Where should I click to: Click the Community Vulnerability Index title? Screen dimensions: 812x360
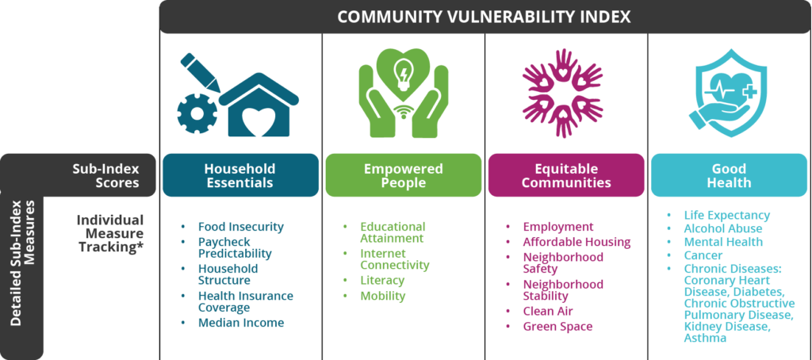pyautogui.click(x=484, y=17)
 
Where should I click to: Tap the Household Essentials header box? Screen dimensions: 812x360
pyautogui.click(x=240, y=175)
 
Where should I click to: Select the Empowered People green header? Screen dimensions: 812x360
pyautogui.click(x=404, y=175)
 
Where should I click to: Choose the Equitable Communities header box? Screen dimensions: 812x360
pyautogui.click(x=566, y=175)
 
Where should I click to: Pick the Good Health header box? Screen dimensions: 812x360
pyautogui.click(x=729, y=175)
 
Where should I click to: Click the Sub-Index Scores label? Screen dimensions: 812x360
pyautogui.click(x=106, y=175)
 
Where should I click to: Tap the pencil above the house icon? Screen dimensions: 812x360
pyautogui.click(x=201, y=72)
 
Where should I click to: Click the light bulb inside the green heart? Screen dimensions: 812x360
pyautogui.click(x=404, y=72)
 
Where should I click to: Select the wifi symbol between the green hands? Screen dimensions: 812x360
pyautogui.click(x=404, y=112)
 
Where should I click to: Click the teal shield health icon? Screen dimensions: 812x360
pyautogui.click(x=723, y=93)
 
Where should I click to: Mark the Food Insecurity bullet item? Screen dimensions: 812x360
pyautogui.click(x=241, y=227)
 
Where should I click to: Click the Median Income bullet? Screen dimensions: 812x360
pyautogui.click(x=241, y=323)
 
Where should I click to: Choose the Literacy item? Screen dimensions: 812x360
pyautogui.click(x=382, y=280)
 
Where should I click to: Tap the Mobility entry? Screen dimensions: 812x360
pyautogui.click(x=383, y=296)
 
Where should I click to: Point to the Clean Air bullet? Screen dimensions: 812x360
pyautogui.click(x=548, y=311)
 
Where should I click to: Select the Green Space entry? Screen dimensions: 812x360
pyautogui.click(x=557, y=327)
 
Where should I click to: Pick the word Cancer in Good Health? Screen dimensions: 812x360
pyautogui.click(x=702, y=255)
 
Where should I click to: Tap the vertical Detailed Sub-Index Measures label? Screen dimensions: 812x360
pyautogui.click(x=24, y=262)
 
